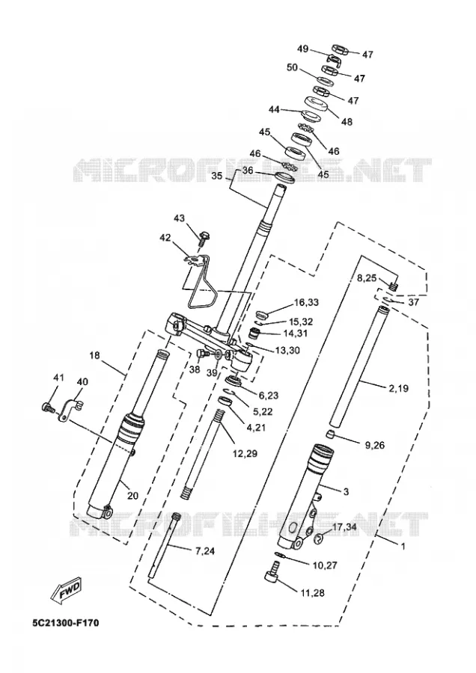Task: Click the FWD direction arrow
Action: click(x=66, y=589)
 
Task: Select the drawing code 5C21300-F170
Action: click(x=65, y=622)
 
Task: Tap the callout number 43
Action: click(x=179, y=219)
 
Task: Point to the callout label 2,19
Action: click(x=399, y=389)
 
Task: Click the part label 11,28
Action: click(x=312, y=593)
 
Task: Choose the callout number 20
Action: click(x=132, y=496)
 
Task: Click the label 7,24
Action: click(x=204, y=552)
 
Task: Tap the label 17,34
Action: click(x=344, y=526)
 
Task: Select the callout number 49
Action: click(x=303, y=49)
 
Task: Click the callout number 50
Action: click(x=293, y=68)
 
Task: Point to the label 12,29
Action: click(x=245, y=453)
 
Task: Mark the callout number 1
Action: click(x=403, y=547)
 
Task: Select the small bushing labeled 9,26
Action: click(x=329, y=434)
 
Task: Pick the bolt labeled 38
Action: click(x=202, y=354)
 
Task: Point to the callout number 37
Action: click(x=413, y=302)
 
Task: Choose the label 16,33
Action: click(x=306, y=303)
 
